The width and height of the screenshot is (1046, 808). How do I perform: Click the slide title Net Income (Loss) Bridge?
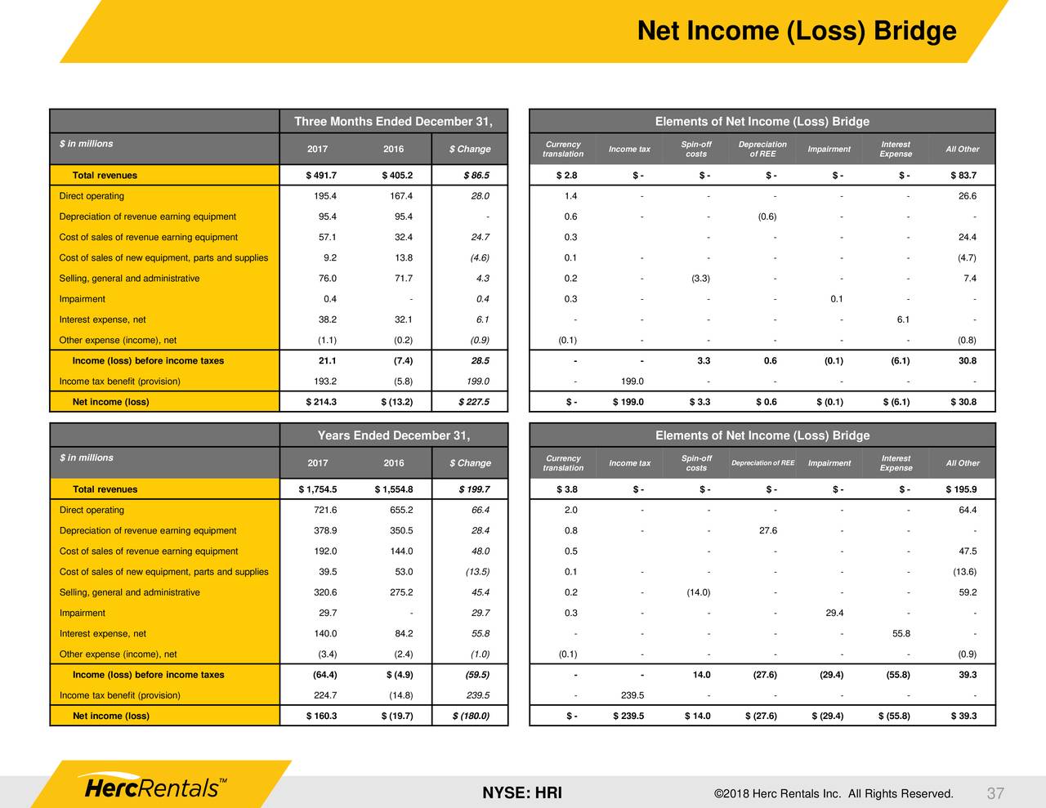[796, 31]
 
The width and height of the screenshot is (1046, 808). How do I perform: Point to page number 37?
[995, 793]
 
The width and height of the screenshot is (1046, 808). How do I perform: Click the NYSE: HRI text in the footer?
[521, 793]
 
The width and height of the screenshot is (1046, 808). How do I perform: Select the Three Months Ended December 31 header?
[393, 122]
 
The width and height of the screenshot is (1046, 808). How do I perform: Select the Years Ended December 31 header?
[393, 435]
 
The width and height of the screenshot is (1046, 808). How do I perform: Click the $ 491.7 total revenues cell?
[320, 176]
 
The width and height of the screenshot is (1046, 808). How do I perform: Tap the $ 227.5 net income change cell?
[470, 402]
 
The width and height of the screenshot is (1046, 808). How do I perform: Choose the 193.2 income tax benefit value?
[324, 382]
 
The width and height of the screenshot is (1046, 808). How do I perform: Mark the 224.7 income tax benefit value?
[324, 696]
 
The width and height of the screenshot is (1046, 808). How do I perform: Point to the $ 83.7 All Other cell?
[963, 176]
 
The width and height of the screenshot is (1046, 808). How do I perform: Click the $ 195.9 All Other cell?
[960, 490]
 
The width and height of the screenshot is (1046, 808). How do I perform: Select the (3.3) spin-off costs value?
[700, 279]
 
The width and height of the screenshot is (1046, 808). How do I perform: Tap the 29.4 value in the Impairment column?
[834, 613]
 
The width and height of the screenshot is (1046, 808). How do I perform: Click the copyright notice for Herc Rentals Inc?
[833, 793]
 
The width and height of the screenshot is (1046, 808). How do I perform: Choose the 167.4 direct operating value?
[400, 196]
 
